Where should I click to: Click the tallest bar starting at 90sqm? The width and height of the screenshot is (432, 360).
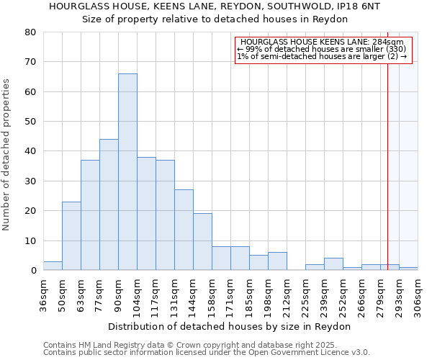127,172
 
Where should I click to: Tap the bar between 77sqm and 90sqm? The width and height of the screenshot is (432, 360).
109,205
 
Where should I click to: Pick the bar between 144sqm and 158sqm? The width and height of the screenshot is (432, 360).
202,242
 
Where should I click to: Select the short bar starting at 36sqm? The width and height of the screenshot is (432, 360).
53,266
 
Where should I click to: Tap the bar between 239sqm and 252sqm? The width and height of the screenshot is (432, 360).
333,264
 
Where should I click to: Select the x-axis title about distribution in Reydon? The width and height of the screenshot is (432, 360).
230,326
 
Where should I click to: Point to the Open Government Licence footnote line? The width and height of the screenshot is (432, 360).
207,352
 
